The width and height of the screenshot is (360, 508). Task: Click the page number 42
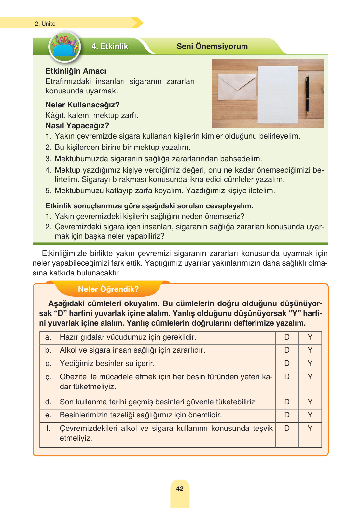tap(180, 488)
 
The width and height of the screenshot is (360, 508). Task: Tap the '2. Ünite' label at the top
tap(45, 24)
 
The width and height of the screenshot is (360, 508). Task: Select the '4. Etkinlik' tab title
tap(110, 46)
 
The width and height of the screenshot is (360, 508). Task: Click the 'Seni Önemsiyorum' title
tap(212, 46)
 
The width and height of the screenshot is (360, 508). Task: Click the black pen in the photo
tap(307, 94)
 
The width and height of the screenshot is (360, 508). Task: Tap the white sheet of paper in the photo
tap(278, 94)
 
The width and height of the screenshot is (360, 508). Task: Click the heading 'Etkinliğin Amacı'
tap(76, 71)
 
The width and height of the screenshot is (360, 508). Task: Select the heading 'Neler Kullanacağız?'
tap(82, 105)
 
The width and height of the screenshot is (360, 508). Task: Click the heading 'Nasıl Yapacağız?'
tap(77, 126)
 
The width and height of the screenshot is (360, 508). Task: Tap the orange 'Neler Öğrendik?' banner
tap(108, 289)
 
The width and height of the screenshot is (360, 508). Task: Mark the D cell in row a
tap(287, 337)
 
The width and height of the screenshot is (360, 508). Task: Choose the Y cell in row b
tap(310, 350)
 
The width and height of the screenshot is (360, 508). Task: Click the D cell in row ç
tap(287, 377)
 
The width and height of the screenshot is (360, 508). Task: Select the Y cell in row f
tap(310, 428)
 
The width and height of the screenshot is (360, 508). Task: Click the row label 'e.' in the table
tap(48, 415)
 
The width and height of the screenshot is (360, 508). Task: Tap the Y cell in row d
tap(310, 402)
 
